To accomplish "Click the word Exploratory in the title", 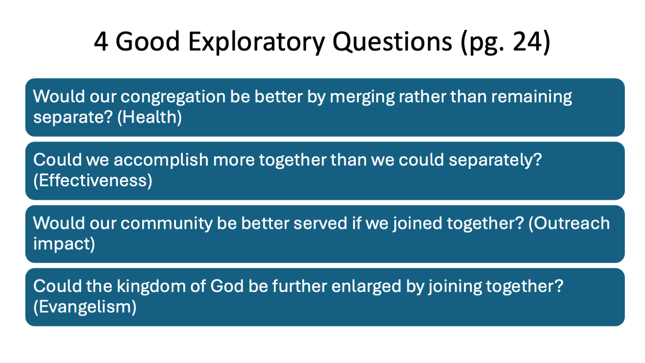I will coord(257,42).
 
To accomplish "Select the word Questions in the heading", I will coord(392,42).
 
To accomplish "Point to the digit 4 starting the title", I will coord(100,42).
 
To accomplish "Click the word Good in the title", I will coord(147,42).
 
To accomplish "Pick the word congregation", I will coord(173,97).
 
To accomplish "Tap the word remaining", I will coord(531,97).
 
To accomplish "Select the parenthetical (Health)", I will coord(150,117).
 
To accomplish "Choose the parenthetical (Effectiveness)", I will coord(93,181).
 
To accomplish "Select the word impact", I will coord(64,244).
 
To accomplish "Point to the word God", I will coord(227,286).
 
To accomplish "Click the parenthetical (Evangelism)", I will coord(85,307).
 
